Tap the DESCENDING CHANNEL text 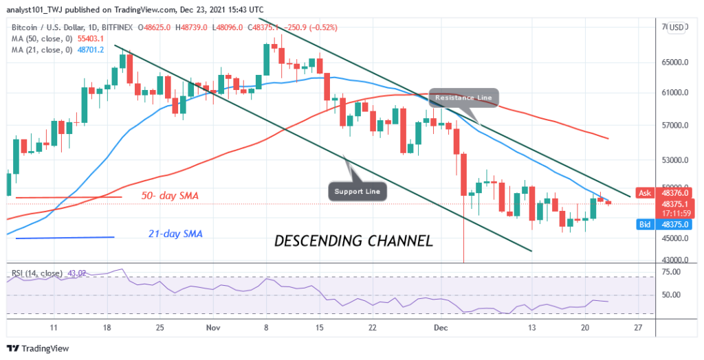(353, 241)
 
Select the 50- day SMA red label (170, 196)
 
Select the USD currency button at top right (677, 27)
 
